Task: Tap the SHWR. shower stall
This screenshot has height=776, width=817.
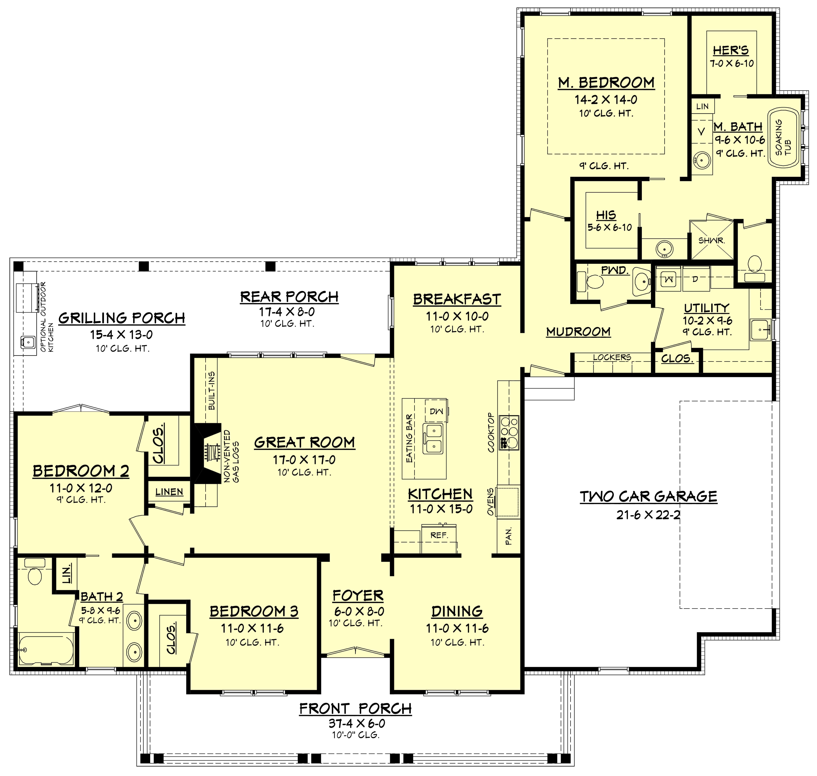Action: pos(711,240)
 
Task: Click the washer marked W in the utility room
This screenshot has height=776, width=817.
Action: pos(668,280)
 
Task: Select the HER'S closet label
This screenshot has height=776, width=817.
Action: pos(731,51)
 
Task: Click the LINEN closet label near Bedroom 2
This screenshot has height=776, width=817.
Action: pos(169,492)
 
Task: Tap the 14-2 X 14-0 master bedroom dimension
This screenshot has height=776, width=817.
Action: pos(606,100)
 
